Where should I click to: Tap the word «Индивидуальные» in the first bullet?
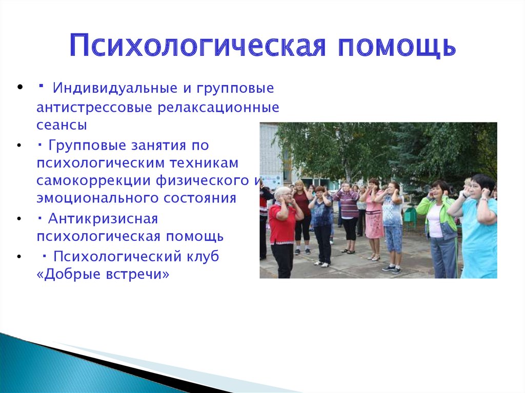(115, 88)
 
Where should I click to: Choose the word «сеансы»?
(62, 125)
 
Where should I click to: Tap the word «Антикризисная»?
(103, 219)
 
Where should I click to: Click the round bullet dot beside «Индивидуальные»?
(19, 88)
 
